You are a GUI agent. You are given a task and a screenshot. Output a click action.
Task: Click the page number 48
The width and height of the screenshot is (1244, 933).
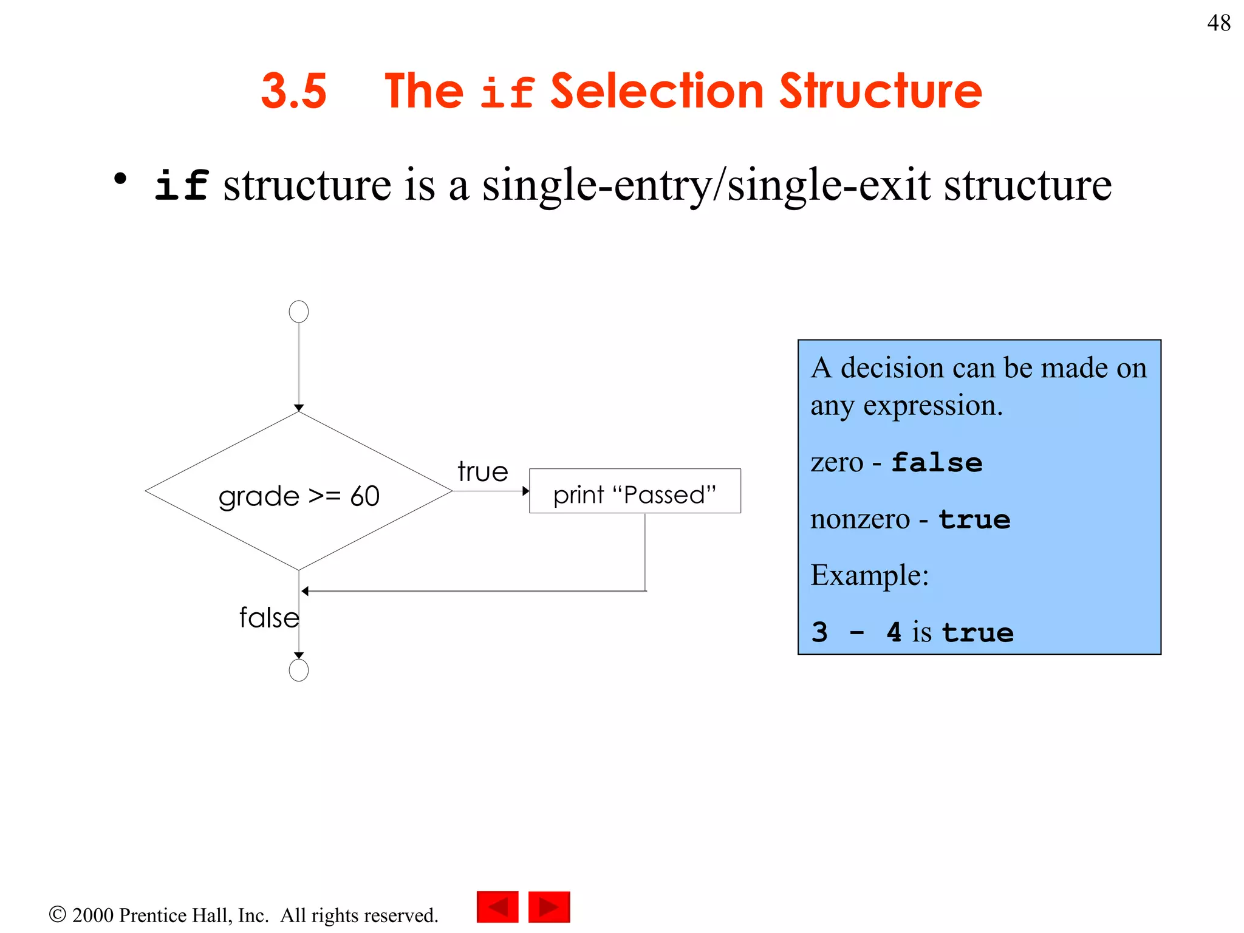point(1218,23)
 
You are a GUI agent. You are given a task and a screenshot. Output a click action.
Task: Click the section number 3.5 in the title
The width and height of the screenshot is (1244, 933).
point(294,91)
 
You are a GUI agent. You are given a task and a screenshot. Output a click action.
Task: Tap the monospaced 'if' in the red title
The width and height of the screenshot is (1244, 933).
point(507,92)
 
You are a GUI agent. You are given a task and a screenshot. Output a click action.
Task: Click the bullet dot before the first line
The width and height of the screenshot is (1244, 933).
point(120,179)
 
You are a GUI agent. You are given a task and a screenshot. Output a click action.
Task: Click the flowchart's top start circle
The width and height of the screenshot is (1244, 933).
point(299,312)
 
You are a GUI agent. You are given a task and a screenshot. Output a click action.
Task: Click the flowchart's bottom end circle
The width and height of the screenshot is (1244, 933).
point(299,670)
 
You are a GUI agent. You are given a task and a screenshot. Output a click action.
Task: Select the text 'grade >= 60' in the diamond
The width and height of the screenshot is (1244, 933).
point(299,496)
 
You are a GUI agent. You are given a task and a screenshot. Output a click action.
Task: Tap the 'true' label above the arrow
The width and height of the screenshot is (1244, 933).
point(483,472)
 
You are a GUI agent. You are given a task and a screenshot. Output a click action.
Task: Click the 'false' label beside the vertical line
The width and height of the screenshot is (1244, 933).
point(269,618)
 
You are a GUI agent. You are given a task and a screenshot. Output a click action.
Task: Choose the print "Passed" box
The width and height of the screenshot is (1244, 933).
point(635,491)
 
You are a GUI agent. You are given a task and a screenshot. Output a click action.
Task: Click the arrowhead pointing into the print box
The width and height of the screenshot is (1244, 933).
point(525,491)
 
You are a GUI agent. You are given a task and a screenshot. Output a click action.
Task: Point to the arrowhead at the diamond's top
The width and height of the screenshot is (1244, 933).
point(299,408)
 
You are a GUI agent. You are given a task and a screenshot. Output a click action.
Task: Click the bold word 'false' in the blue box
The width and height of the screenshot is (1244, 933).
point(937,463)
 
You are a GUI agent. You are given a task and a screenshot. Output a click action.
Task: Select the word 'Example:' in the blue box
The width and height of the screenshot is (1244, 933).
point(870,575)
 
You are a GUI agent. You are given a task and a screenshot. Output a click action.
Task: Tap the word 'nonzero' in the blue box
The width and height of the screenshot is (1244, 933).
point(860,519)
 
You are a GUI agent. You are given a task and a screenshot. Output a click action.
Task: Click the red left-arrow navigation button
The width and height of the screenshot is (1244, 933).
point(497,907)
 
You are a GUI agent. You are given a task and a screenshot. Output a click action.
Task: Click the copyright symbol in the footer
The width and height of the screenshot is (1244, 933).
point(57,914)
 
